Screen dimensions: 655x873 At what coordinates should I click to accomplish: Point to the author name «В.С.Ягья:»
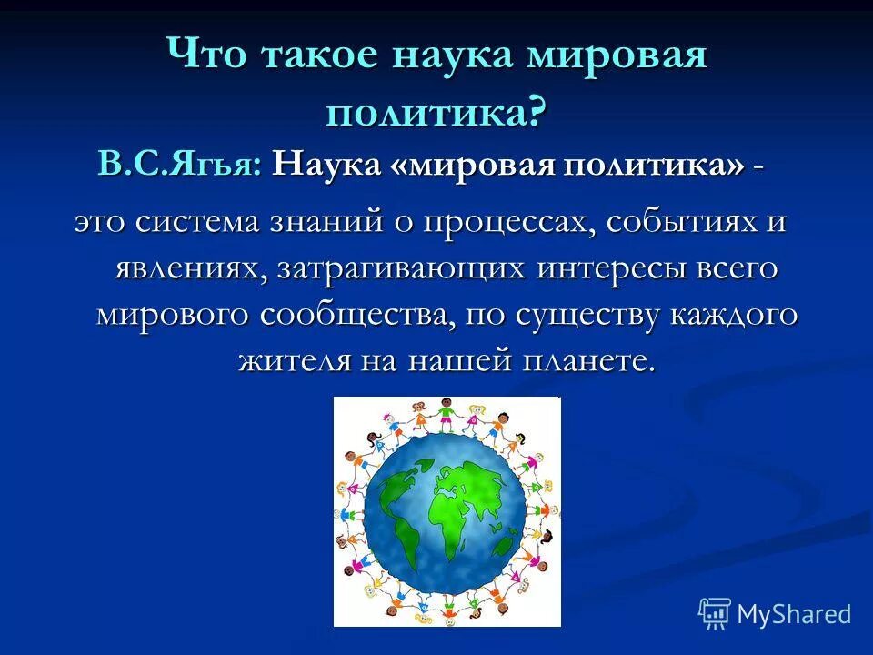(x=181, y=165)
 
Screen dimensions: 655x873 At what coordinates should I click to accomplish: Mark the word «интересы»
(x=601, y=269)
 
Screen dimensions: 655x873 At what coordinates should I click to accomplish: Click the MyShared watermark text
(x=793, y=614)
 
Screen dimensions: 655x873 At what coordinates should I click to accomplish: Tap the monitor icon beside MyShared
(x=715, y=614)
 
